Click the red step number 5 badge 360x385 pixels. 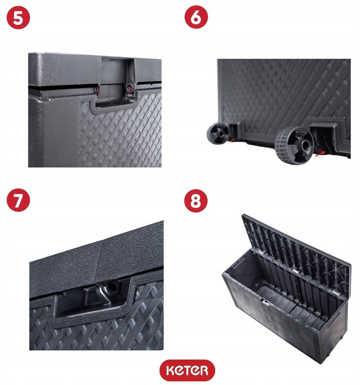pos(18,18)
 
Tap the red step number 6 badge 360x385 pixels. pos(196,17)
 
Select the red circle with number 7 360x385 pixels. pos(18,200)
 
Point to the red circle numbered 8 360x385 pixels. pos(196,201)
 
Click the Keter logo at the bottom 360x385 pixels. pos(187,370)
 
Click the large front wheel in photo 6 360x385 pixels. pos(294,145)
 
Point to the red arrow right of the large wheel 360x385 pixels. pos(320,154)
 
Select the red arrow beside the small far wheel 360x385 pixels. pos(231,140)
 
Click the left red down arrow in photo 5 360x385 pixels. pos(97,90)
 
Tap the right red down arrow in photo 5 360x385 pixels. pos(129,89)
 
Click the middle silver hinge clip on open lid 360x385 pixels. pos(295,271)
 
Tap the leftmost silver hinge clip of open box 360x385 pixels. pos(257,252)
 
